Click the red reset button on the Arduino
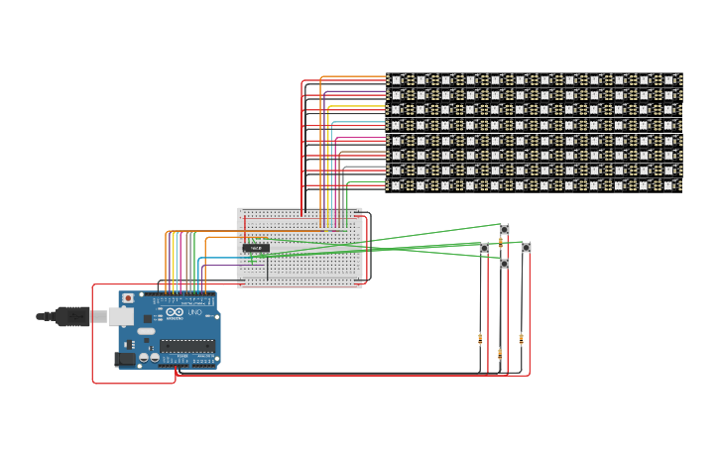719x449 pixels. point(127,298)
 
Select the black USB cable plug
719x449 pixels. point(69,316)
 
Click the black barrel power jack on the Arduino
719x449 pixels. point(124,359)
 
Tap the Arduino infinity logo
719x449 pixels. point(176,312)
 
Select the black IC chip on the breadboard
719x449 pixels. point(255,248)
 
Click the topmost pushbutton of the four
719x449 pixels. point(504,230)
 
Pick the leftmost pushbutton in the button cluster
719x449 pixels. point(484,248)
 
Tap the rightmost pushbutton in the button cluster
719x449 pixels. point(526,248)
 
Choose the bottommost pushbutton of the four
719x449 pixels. point(504,264)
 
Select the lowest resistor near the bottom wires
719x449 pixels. point(500,353)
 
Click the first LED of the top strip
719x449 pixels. point(397,79)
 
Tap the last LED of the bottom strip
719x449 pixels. point(668,185)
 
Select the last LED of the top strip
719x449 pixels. point(668,79)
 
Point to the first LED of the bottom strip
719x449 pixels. point(397,185)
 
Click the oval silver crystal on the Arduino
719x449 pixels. point(147,331)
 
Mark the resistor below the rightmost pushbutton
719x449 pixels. point(522,338)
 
